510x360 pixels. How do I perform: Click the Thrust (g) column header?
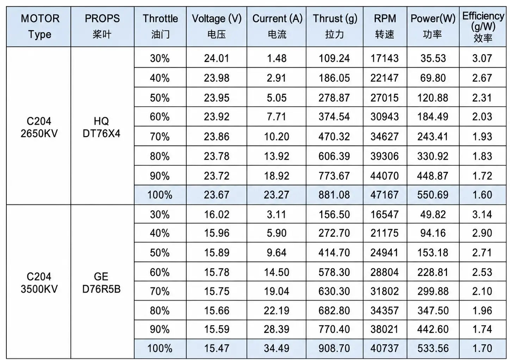[335, 26]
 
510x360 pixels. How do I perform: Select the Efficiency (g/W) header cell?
[483, 27]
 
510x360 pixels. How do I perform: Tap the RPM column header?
[385, 26]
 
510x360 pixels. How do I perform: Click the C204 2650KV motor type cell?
[39, 127]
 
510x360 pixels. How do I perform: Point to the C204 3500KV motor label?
[39, 283]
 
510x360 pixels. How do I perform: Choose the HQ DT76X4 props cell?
[101, 127]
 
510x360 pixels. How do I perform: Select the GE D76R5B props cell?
[101, 283]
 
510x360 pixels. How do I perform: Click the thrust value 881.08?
[334, 195]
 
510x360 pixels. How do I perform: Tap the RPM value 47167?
[384, 195]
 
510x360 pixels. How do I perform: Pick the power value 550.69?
[433, 195]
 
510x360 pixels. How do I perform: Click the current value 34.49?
[276, 348]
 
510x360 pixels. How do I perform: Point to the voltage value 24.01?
[217, 58]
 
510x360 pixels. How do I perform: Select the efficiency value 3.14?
[482, 214]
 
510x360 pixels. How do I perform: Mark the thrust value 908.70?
[334, 348]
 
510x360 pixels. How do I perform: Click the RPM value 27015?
[384, 98]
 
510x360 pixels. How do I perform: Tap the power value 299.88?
[433, 291]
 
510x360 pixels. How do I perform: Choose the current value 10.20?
[276, 137]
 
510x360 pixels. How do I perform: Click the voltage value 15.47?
[217, 348]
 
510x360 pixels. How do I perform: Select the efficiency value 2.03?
[482, 117]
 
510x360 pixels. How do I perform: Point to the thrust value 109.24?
[334, 58]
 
